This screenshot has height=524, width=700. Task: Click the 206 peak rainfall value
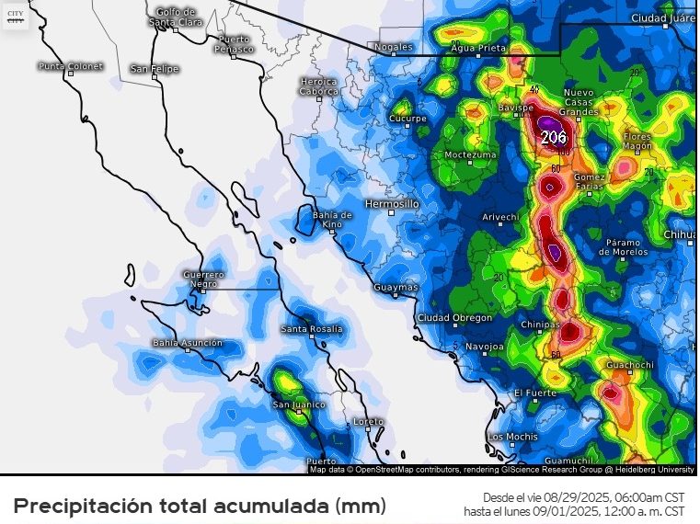tap(554, 137)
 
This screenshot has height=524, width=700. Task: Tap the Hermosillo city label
tap(392, 203)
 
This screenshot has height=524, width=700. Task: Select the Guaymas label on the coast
tap(396, 288)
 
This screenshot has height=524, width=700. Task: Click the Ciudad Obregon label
tap(454, 318)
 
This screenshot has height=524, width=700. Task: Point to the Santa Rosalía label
tap(312, 329)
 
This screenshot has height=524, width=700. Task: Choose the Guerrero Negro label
tap(203, 279)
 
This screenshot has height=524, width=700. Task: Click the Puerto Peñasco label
tap(234, 43)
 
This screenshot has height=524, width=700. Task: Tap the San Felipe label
tap(154, 69)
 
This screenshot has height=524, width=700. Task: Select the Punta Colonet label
tap(71, 66)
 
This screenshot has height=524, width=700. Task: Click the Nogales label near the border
tap(395, 47)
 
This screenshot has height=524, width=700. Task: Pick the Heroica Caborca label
tap(318, 85)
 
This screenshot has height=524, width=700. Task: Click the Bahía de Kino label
tap(333, 219)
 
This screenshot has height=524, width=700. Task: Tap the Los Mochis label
tap(513, 437)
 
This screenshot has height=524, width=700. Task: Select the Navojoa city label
tap(485, 347)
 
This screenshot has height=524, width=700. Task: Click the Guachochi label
tap(630, 366)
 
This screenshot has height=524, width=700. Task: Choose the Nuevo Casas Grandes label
tap(580, 102)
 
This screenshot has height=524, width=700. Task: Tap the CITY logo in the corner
tap(16, 17)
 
